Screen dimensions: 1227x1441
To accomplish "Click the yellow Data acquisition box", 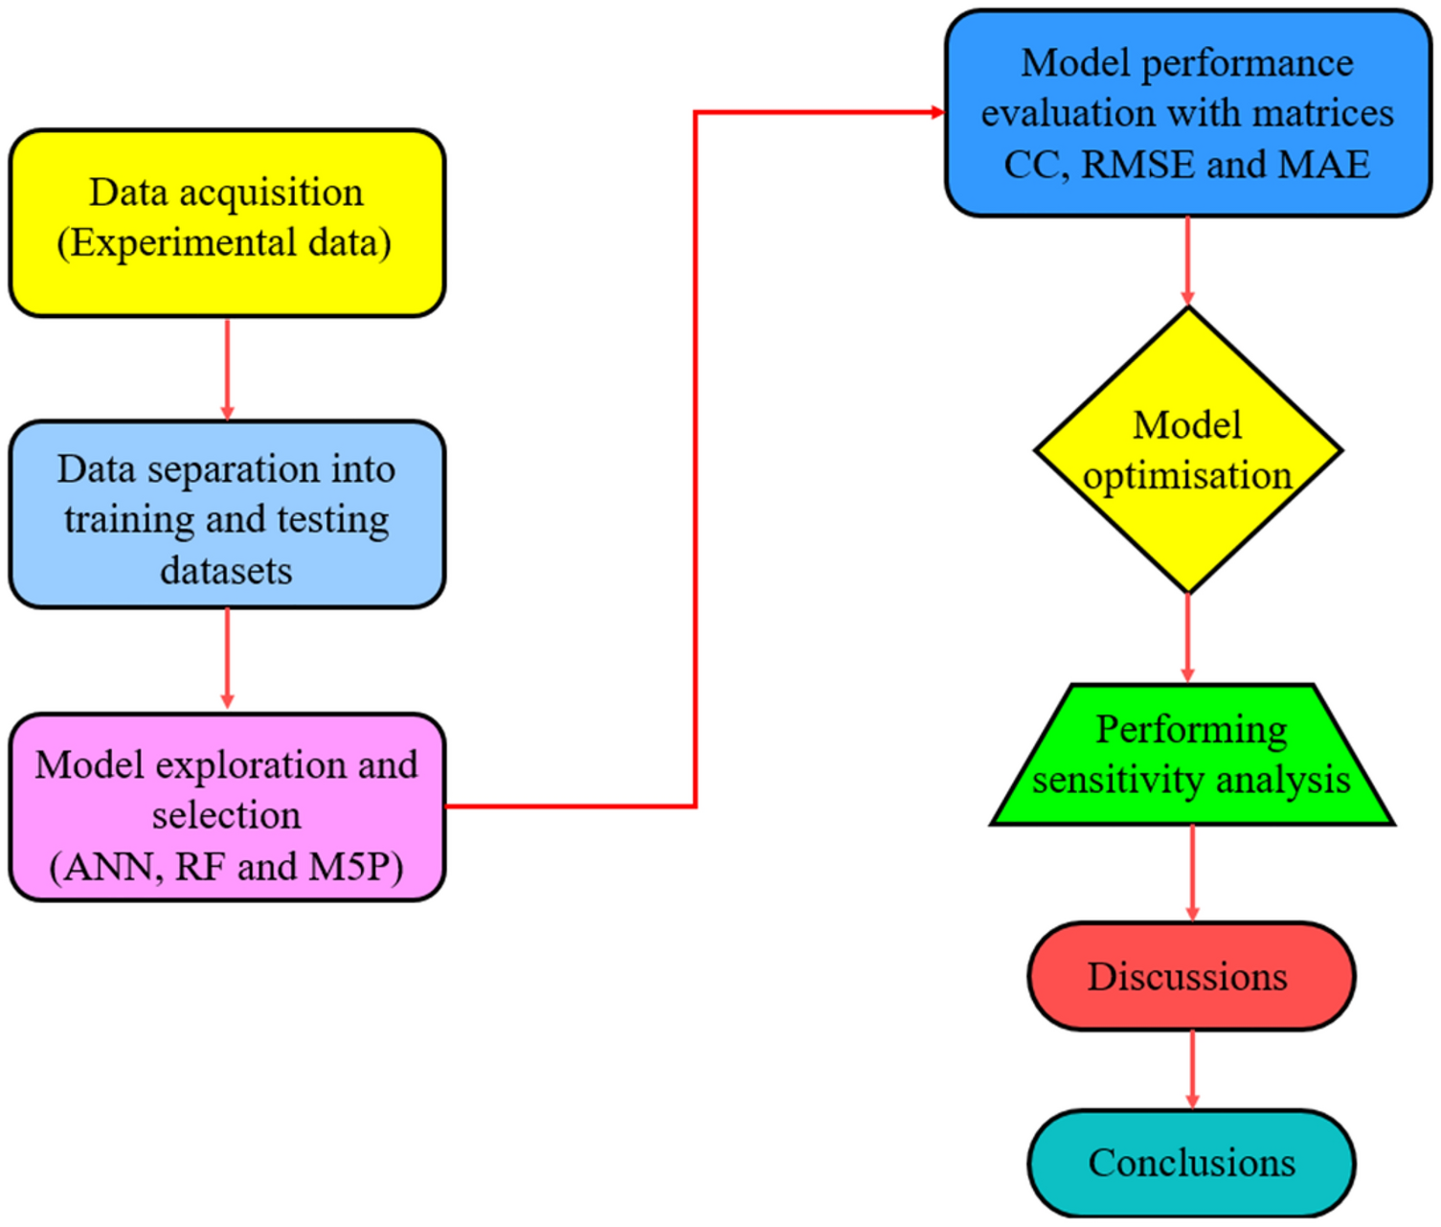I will click(227, 222).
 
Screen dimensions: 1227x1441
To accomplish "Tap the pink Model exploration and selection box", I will click(227, 807).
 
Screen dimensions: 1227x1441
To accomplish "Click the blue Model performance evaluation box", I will click(1187, 113).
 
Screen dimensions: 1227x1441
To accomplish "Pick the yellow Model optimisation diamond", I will click(1187, 450).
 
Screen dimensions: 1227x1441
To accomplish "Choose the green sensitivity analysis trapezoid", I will click(1191, 755).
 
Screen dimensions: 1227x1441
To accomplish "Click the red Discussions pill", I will click(1191, 976).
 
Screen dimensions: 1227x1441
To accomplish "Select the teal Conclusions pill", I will click(1191, 1163).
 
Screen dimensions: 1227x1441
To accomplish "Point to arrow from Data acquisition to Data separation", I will click(227, 369).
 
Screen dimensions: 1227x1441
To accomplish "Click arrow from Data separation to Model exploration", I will click(227, 659).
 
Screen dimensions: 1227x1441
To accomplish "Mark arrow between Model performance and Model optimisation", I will click(1187, 261).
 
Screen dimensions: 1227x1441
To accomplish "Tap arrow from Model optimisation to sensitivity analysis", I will click(1187, 638).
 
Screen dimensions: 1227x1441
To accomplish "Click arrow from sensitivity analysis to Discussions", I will click(1192, 873).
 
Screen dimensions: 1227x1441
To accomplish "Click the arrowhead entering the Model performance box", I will click(937, 112).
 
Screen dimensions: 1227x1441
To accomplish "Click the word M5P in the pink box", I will click(355, 867).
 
